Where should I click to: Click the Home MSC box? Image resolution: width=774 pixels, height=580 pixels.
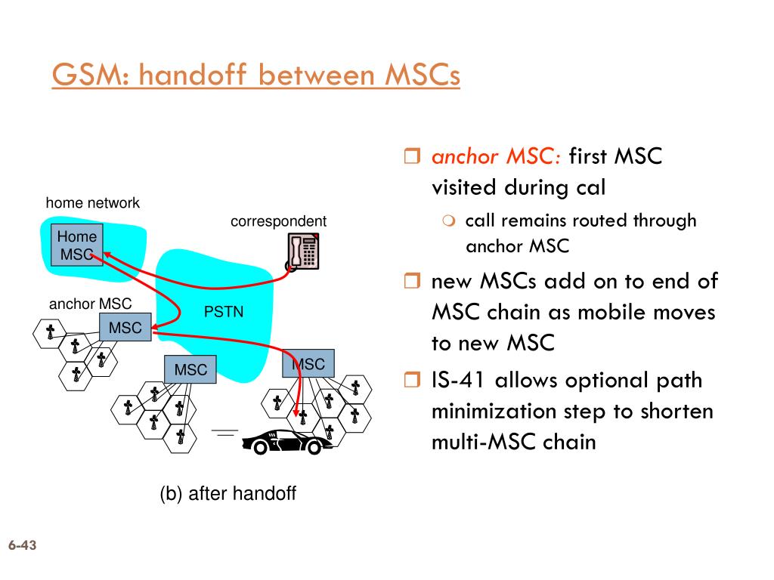(77, 245)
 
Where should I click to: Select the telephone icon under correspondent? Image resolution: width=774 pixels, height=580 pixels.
(303, 251)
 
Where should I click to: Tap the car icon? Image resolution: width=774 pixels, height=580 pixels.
(286, 441)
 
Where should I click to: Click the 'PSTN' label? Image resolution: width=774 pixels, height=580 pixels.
(224, 312)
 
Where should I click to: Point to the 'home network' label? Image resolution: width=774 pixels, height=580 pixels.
(92, 202)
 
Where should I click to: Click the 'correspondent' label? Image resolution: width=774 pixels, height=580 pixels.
(278, 221)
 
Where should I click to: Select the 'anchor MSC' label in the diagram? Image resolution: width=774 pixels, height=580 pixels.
(90, 304)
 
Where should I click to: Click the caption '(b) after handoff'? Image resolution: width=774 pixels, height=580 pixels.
(228, 494)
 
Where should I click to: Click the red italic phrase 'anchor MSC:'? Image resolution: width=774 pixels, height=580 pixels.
(496, 157)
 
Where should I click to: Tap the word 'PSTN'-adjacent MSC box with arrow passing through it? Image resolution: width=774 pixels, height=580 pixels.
(308, 364)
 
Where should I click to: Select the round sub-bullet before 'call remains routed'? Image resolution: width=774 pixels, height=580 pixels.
(449, 221)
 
